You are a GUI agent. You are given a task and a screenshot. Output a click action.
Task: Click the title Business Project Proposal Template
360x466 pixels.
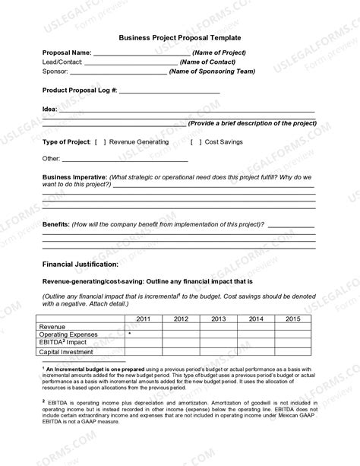pyautogui.click(x=179, y=37)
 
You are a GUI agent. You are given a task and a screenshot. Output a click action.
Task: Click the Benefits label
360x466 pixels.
pyautogui.click(x=55, y=225)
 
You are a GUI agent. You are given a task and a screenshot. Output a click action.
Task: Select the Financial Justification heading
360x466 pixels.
pyautogui.click(x=80, y=264)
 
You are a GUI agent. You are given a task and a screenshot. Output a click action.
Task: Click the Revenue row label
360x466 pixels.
pyautogui.click(x=52, y=325)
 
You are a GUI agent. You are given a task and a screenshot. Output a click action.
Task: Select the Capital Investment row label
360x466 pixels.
pyautogui.click(x=67, y=352)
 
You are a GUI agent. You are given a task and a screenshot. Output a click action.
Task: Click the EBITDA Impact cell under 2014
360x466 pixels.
pyautogui.click(x=257, y=343)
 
